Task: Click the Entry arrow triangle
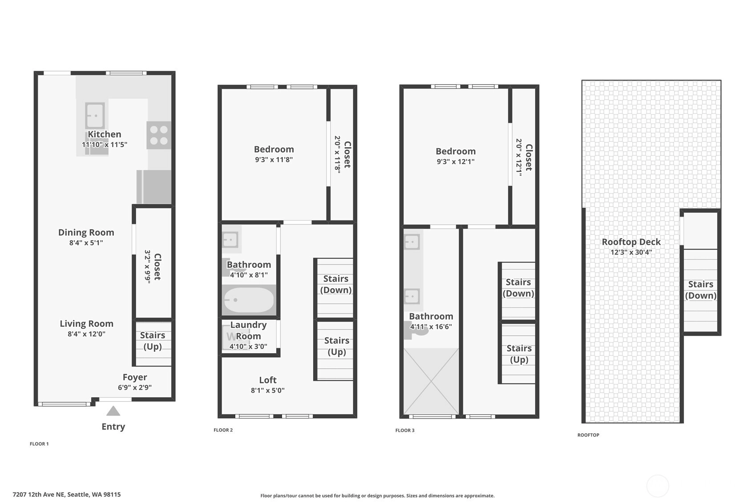point(113,411)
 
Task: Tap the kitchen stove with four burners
point(159,135)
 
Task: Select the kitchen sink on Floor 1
point(95,116)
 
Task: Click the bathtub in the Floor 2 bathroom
point(249,300)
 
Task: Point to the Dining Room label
point(86,233)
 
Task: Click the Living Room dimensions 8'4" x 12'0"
point(87,334)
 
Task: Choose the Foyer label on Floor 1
point(135,377)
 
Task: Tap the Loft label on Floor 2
point(268,380)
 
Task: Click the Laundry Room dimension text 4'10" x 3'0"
point(248,346)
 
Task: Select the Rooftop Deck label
point(631,242)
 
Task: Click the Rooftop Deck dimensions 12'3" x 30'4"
point(631,252)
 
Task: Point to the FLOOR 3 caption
point(405,430)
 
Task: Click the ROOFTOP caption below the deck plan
point(588,435)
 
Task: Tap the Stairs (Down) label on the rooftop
point(701,290)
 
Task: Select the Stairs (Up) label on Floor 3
point(519,354)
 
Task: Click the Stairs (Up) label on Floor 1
point(153,341)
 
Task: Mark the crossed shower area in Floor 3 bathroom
point(431,382)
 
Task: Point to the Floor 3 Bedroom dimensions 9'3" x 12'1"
point(456,161)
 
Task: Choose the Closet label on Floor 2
point(347,155)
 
